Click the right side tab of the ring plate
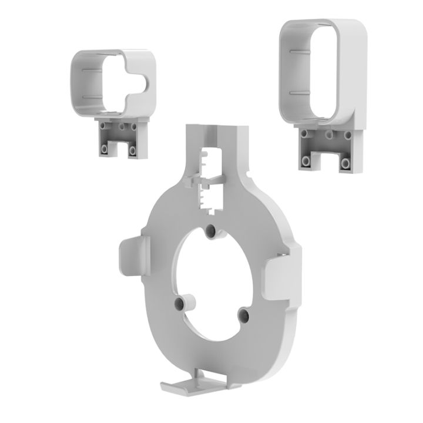[x=280, y=278]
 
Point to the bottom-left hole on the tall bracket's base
[x=306, y=160]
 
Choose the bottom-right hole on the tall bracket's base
[x=346, y=162]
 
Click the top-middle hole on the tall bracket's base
[x=330, y=135]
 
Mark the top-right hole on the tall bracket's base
[x=350, y=135]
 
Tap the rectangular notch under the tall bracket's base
[x=326, y=163]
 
